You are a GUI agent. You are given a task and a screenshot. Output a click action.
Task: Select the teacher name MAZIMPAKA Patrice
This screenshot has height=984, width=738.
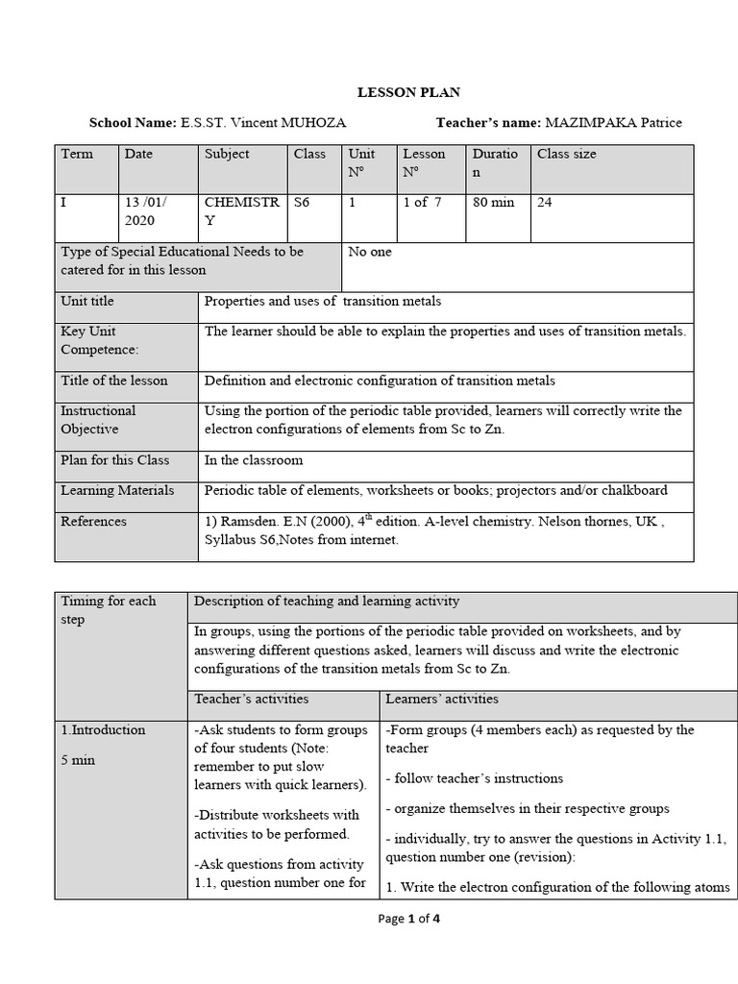click(613, 123)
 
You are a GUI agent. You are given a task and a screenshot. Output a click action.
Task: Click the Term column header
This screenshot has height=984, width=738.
click(77, 154)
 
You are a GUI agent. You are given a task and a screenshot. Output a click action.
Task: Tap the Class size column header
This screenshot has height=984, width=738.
click(566, 154)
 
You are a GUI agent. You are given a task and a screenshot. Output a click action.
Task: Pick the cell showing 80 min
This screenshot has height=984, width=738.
click(494, 203)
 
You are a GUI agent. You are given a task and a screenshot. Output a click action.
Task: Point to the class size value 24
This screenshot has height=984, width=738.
click(545, 203)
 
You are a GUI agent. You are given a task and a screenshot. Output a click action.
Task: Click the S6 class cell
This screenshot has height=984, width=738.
click(302, 203)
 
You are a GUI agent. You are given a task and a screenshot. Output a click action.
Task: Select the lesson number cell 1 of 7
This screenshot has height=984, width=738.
click(422, 203)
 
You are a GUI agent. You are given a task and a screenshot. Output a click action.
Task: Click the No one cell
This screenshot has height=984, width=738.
click(370, 252)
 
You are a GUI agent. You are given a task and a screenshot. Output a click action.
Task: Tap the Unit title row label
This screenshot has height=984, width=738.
click(87, 302)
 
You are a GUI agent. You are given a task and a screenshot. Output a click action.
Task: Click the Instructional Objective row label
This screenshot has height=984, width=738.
click(98, 420)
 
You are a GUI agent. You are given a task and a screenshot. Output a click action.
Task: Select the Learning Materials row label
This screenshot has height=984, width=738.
click(117, 490)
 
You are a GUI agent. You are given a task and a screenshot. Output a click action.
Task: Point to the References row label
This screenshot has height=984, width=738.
click(93, 521)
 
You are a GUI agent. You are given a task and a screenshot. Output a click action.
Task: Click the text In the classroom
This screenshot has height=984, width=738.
click(254, 460)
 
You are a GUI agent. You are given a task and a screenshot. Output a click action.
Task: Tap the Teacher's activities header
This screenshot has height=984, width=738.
click(252, 699)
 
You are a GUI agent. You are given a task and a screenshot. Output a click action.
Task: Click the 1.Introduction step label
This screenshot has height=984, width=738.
click(103, 729)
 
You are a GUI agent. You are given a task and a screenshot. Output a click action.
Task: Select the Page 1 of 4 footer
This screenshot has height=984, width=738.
click(408, 919)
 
